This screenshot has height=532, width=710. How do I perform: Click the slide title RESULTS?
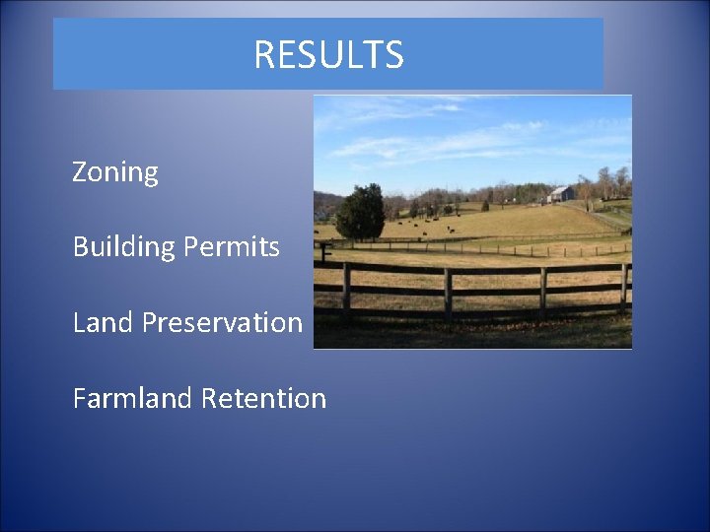(x=328, y=55)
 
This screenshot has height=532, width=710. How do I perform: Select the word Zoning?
(x=115, y=173)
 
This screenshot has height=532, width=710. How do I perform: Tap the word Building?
(x=123, y=247)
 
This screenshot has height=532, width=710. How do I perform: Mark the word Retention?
(x=264, y=398)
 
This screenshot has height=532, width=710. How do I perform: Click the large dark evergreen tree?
(x=360, y=214)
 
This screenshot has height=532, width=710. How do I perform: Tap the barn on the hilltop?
(x=561, y=194)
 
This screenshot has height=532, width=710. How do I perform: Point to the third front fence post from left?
(x=542, y=293)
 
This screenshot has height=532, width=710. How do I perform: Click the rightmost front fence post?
(x=623, y=288)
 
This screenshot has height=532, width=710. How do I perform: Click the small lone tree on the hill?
(x=485, y=206)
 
